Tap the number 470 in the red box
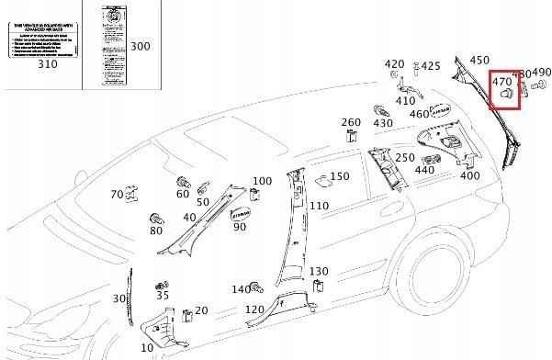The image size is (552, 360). coord(502,81)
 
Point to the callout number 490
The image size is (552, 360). coord(541,73)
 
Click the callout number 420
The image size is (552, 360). coord(394,64)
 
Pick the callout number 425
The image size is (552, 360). coord(431,66)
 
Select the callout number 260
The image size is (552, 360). coord(351,122)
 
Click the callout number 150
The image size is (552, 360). coord(340,176)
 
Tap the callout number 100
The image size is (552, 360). coord(262,181)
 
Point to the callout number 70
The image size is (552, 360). coord(117,195)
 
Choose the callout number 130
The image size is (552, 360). coord(318,271)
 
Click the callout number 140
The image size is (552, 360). coord(241,289)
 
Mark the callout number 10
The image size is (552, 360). coord(147,349)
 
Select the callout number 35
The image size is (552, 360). coord(163,295)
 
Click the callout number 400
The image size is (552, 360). coord(469,175)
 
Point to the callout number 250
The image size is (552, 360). coord(405,157)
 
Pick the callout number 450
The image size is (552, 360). coord(479,60)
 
